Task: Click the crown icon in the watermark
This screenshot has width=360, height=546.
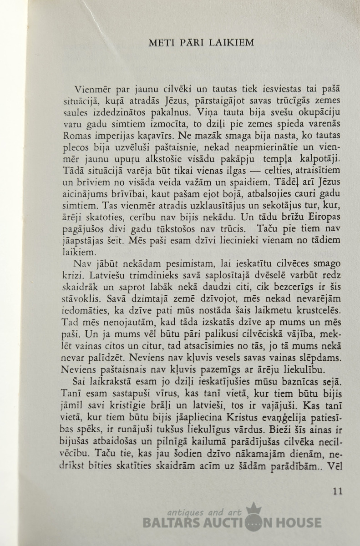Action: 252,509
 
